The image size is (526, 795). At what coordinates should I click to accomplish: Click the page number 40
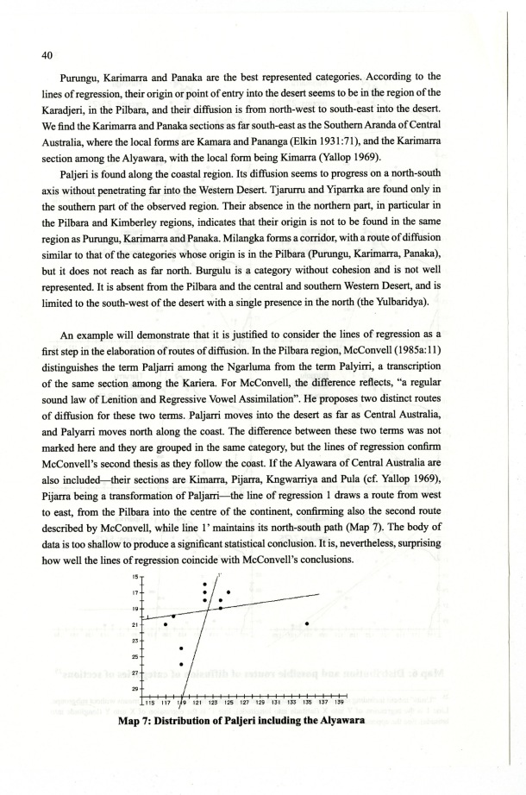tap(47, 53)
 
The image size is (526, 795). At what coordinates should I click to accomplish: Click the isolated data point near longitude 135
tap(307, 623)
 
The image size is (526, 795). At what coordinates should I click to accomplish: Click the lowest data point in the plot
tap(181, 664)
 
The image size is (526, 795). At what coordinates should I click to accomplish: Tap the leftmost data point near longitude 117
tap(165, 623)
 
